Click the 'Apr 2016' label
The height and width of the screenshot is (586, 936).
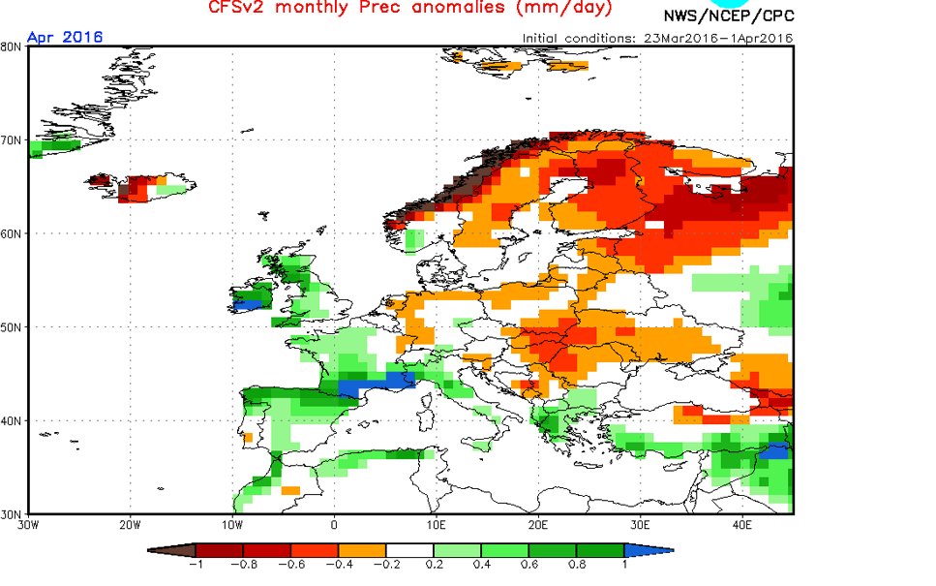click(64, 37)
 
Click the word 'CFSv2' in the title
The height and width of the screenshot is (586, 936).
click(236, 9)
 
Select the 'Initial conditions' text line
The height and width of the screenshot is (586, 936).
click(657, 38)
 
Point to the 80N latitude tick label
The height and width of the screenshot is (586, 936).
click(14, 46)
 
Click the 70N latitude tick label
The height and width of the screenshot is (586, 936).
click(14, 139)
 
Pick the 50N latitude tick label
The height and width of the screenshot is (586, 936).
click(14, 326)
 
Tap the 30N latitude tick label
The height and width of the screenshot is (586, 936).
click(14, 513)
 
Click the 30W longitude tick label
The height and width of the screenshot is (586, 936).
click(28, 526)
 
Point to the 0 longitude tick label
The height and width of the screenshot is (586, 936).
click(334, 526)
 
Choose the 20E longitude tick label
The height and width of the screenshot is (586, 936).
click(538, 526)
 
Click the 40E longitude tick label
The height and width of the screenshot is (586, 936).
click(742, 526)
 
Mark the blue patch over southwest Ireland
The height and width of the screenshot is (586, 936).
click(249, 304)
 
